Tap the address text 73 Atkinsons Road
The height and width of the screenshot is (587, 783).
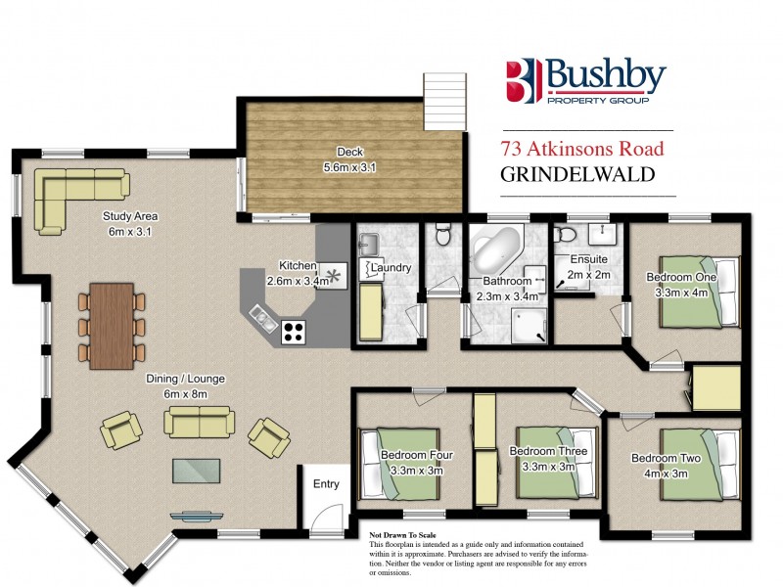click(x=581, y=149)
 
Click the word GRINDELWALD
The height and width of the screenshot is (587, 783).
click(x=576, y=176)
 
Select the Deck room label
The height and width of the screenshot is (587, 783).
click(x=349, y=152)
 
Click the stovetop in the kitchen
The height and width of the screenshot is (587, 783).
click(x=292, y=332)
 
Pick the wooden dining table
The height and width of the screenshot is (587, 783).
click(x=111, y=325)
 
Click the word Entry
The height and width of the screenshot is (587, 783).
click(x=325, y=484)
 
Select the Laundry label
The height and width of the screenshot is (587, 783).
click(x=391, y=267)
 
